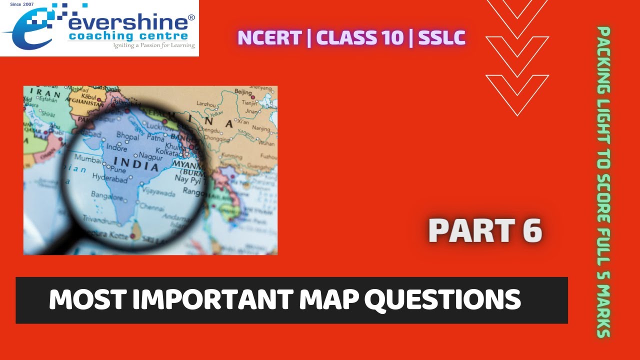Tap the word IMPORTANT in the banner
click(x=202, y=299)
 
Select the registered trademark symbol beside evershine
click(x=191, y=18)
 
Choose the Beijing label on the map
click(x=243, y=92)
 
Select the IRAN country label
click(x=45, y=93)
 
